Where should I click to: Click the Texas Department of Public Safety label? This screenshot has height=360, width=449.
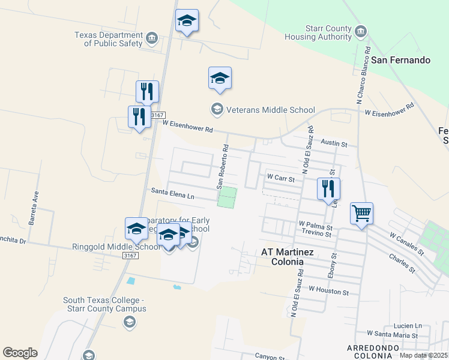point(109,39)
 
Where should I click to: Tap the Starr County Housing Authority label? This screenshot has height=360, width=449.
point(320,32)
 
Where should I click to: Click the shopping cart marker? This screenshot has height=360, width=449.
point(361,214)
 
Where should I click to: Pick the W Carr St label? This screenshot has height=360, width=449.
point(281,178)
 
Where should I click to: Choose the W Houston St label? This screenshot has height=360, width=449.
point(328,290)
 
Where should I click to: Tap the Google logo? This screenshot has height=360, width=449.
point(20,353)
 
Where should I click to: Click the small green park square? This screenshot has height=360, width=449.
point(227,197)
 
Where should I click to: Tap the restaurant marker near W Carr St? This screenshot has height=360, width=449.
point(328,188)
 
